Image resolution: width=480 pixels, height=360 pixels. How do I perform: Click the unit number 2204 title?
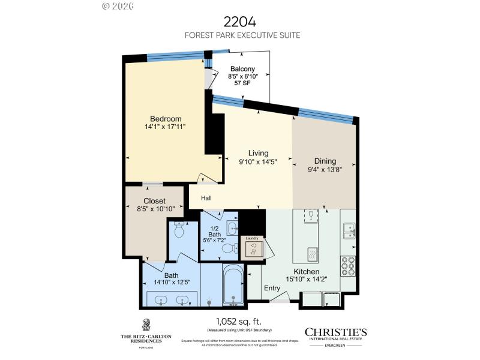(240, 22)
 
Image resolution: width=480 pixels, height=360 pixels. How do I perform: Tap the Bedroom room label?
(165, 119)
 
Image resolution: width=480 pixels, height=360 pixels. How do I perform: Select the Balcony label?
(242, 69)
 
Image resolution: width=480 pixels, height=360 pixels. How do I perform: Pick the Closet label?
(154, 201)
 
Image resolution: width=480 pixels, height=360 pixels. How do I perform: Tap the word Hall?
(206, 198)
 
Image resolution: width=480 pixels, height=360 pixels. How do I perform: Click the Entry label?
(272, 288)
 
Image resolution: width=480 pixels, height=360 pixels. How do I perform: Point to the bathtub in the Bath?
(233, 285)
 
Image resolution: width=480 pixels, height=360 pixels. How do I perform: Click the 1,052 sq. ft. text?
(239, 321)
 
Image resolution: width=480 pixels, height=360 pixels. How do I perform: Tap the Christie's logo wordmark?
(336, 332)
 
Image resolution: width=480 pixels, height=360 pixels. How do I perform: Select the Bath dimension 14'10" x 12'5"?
(172, 284)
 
